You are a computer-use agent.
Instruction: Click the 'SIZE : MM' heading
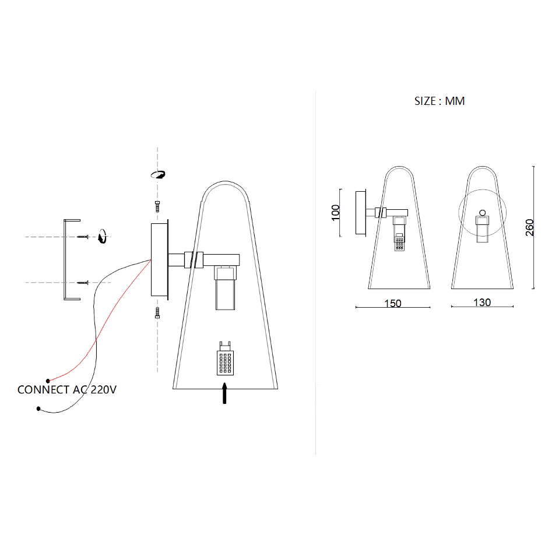(x=439, y=101)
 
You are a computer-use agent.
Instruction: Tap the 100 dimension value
(x=335, y=212)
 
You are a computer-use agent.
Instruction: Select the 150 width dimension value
(x=393, y=303)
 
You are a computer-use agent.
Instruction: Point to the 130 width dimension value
(x=482, y=302)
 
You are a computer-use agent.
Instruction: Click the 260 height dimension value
(x=529, y=228)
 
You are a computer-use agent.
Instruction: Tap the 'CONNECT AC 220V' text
(x=66, y=389)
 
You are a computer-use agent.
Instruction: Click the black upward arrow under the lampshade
(x=224, y=393)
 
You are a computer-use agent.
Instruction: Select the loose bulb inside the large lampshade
(x=225, y=358)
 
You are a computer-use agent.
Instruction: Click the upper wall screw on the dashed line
(x=83, y=237)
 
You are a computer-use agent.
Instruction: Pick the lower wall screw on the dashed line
(x=83, y=283)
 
